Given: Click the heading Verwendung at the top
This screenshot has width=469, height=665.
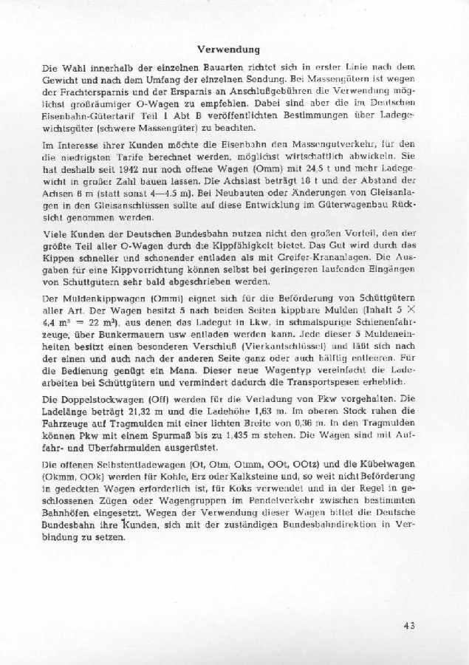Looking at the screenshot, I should [228, 50].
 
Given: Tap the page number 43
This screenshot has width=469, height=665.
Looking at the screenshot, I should [410, 625].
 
